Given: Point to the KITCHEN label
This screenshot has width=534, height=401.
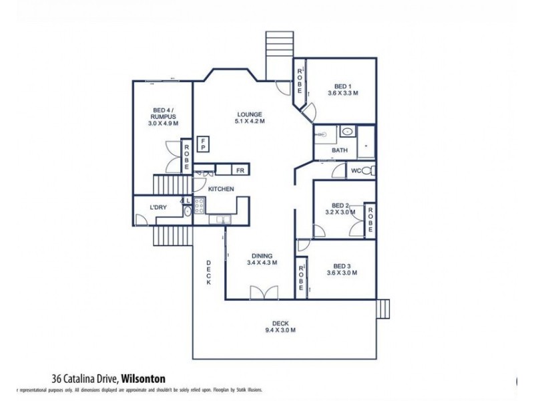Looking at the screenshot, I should [221, 190].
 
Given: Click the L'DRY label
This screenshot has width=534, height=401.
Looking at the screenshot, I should [158, 208].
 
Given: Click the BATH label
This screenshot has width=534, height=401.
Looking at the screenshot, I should [340, 150].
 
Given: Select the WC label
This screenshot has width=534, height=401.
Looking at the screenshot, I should [356, 171].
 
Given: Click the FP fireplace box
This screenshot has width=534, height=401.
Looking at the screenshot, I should [204, 143].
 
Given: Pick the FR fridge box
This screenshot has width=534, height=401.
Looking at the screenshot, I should [240, 170].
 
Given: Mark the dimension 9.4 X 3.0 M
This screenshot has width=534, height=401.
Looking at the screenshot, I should [280, 330].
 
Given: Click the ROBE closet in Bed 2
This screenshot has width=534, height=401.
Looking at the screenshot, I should [369, 219].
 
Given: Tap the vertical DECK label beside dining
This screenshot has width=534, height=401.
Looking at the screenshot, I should [208, 272].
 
